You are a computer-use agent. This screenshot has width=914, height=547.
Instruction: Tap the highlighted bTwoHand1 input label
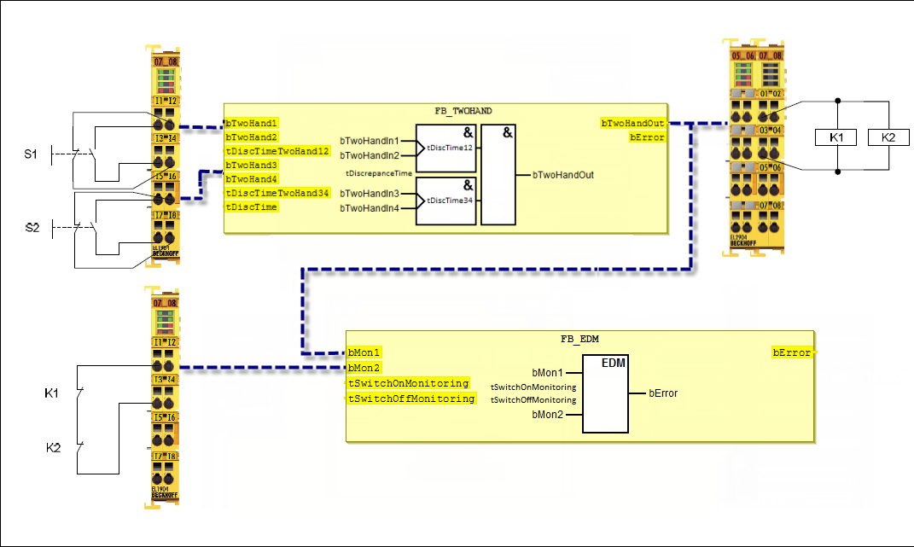click(x=251, y=123)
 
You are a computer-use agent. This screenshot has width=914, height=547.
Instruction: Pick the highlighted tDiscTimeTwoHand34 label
click(x=277, y=193)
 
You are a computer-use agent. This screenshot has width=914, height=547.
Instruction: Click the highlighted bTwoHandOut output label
click(x=632, y=123)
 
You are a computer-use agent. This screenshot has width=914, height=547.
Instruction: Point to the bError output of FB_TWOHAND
click(x=647, y=137)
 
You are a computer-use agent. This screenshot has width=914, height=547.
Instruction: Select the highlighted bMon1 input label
click(x=364, y=352)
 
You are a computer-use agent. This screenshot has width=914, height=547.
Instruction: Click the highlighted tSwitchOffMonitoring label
click(x=410, y=399)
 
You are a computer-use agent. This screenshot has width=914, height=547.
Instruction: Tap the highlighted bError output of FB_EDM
click(x=792, y=352)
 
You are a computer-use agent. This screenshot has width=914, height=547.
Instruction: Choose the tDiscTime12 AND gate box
click(x=445, y=148)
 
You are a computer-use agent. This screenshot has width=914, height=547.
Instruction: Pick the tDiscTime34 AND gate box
click(x=445, y=201)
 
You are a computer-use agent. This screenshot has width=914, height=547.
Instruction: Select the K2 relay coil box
click(x=888, y=137)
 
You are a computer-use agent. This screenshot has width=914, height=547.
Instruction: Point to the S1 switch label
click(x=30, y=154)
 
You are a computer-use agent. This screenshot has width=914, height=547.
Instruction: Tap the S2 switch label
click(x=31, y=228)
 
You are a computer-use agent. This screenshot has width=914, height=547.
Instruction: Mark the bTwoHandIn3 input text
click(x=370, y=194)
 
